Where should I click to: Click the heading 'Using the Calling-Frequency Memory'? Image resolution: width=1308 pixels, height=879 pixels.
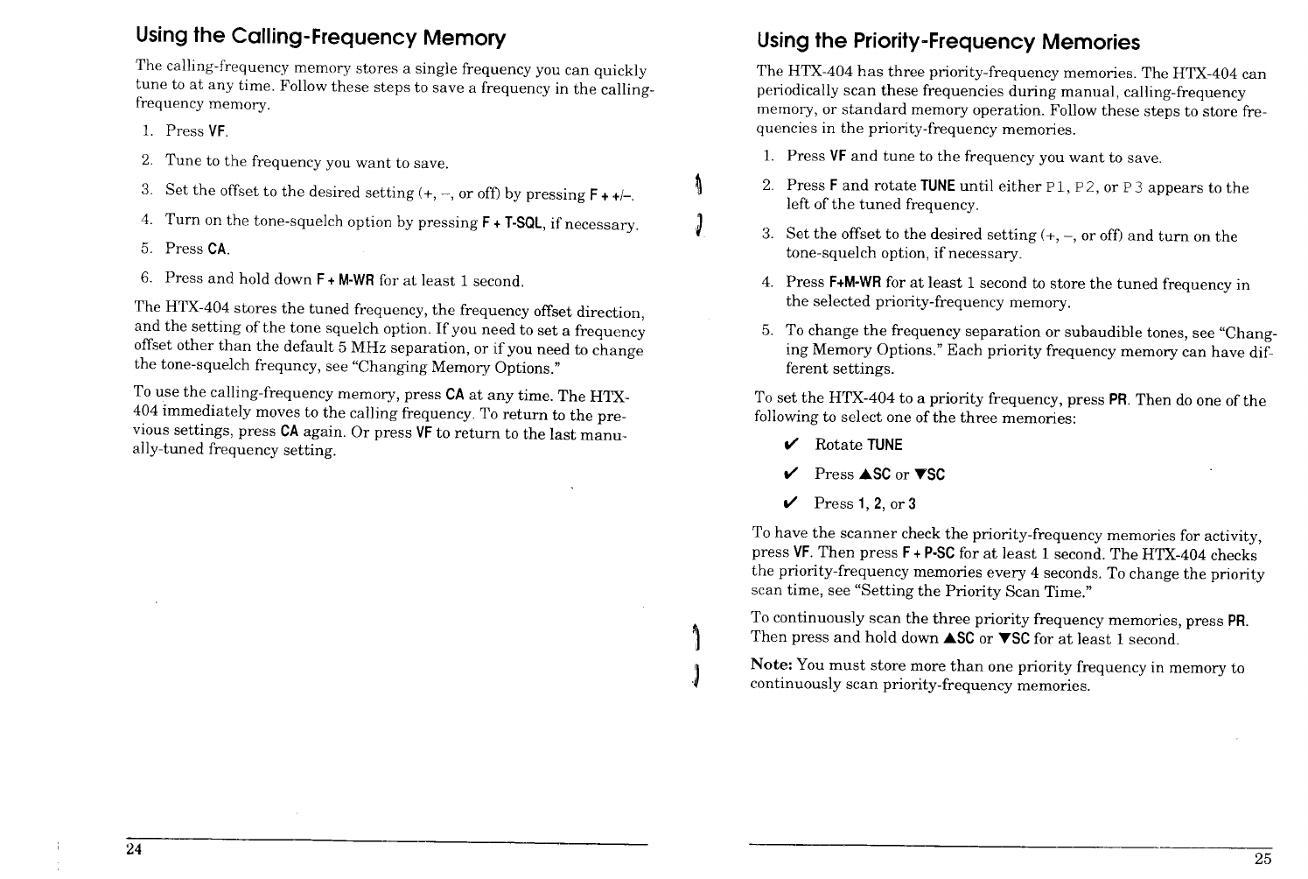click(320, 38)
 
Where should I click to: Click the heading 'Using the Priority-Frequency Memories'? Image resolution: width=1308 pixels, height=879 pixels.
click(948, 42)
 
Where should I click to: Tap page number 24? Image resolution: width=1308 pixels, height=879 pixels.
click(133, 851)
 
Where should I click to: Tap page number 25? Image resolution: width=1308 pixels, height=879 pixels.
click(1263, 858)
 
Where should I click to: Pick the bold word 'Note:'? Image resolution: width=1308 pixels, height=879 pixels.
click(773, 666)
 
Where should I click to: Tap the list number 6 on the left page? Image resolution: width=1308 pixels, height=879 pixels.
click(147, 278)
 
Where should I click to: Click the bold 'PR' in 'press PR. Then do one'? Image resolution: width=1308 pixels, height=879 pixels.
click(1116, 400)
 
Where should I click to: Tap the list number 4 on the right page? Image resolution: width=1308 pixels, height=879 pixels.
click(767, 283)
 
